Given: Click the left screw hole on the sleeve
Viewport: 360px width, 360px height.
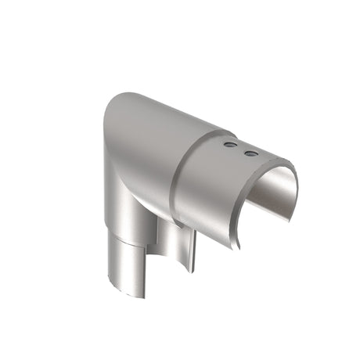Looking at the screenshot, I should click(x=229, y=146).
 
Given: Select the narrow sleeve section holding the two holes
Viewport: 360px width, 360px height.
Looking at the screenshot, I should click(x=227, y=180).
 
